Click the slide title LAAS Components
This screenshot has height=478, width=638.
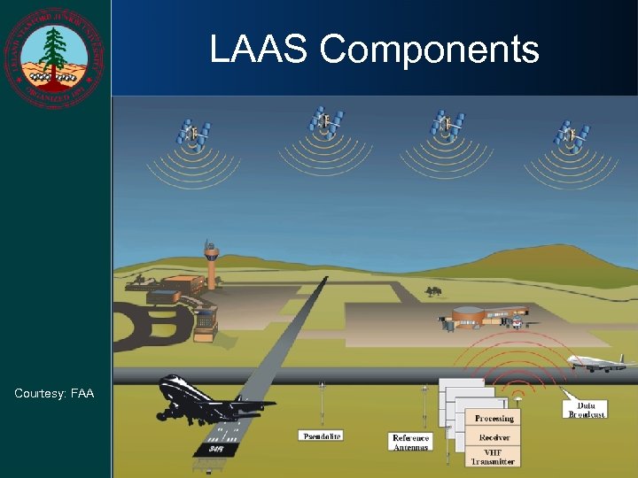pos(374,50)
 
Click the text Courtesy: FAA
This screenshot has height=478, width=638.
pos(54,393)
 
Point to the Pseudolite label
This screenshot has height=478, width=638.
pos(322,436)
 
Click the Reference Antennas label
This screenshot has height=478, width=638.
pos(410,443)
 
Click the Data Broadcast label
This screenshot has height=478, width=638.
pos(586,409)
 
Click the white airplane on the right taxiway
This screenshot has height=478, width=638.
pos(597,361)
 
